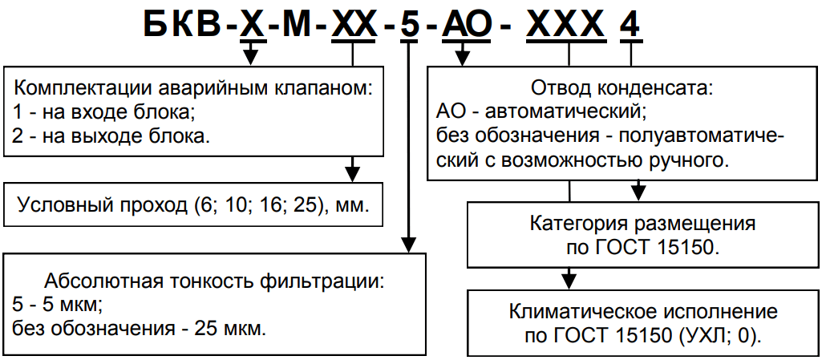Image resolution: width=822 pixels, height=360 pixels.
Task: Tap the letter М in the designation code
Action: pos(294,26)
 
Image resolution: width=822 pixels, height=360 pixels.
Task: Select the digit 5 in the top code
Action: pos(409,26)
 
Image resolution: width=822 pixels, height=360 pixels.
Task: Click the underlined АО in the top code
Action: pos(464,26)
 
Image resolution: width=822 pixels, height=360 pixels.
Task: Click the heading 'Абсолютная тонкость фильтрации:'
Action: pos(215,281)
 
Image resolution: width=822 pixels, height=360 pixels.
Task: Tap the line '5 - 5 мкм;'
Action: pos(59,305)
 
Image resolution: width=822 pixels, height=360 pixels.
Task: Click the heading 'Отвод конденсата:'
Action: pos(622,85)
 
